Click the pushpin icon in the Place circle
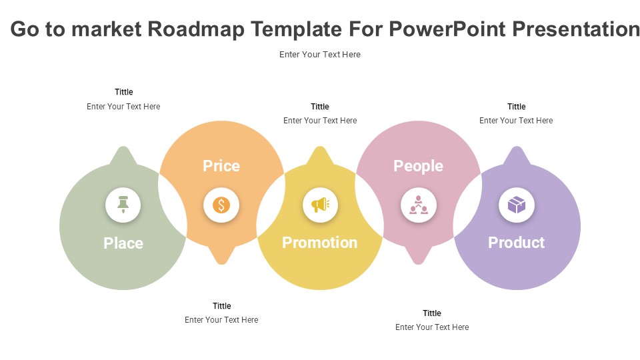point(123,205)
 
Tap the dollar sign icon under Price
point(221,205)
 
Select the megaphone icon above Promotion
point(321,205)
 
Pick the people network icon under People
point(419,205)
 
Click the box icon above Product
point(517,205)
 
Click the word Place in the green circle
point(123,243)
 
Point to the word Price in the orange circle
point(221,166)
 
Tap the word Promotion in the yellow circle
point(320,243)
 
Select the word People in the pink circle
point(419,166)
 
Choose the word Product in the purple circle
point(516,243)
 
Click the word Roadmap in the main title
point(196,29)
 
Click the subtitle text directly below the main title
point(320,54)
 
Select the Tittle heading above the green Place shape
point(124,92)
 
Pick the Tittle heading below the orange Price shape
point(221,306)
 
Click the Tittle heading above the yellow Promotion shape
point(320,107)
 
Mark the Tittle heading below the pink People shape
point(432,313)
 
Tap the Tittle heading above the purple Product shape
point(516,107)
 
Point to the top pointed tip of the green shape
point(123,147)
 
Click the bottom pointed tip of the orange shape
point(221,264)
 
